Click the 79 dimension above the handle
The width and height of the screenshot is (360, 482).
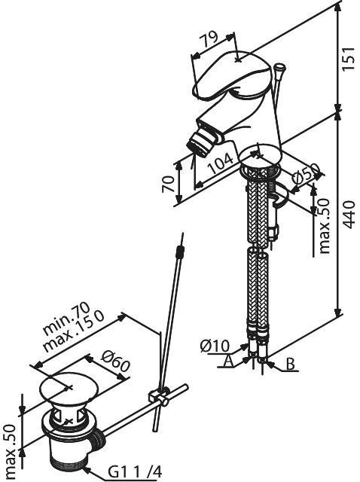(x=209, y=38)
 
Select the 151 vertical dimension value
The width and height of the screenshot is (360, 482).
(x=349, y=59)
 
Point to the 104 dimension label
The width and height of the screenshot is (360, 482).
(x=221, y=163)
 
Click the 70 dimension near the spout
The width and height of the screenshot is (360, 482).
(x=168, y=183)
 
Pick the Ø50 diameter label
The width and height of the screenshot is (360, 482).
(x=306, y=175)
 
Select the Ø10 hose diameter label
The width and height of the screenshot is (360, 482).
(x=215, y=346)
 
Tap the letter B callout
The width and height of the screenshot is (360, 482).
(x=290, y=364)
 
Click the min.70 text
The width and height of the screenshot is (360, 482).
(x=66, y=319)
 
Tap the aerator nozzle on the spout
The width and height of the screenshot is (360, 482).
(x=198, y=144)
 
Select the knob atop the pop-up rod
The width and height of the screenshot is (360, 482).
(x=279, y=67)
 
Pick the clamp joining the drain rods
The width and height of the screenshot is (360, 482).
(x=159, y=397)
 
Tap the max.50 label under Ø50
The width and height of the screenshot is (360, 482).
(x=324, y=226)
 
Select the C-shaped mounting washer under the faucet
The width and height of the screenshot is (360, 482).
(x=281, y=197)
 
